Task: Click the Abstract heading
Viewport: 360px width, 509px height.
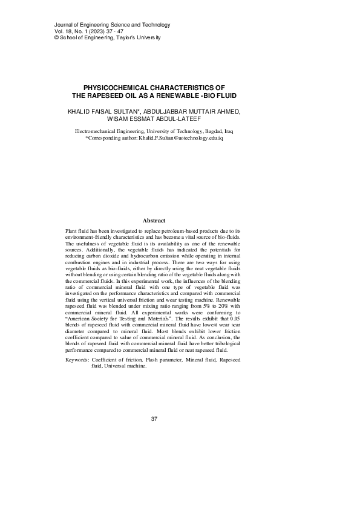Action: coord(154,220)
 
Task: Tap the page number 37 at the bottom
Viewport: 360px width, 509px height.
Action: coord(154,419)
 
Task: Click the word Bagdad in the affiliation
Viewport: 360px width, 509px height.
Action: coord(215,131)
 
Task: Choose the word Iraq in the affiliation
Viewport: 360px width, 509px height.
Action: coord(232,131)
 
